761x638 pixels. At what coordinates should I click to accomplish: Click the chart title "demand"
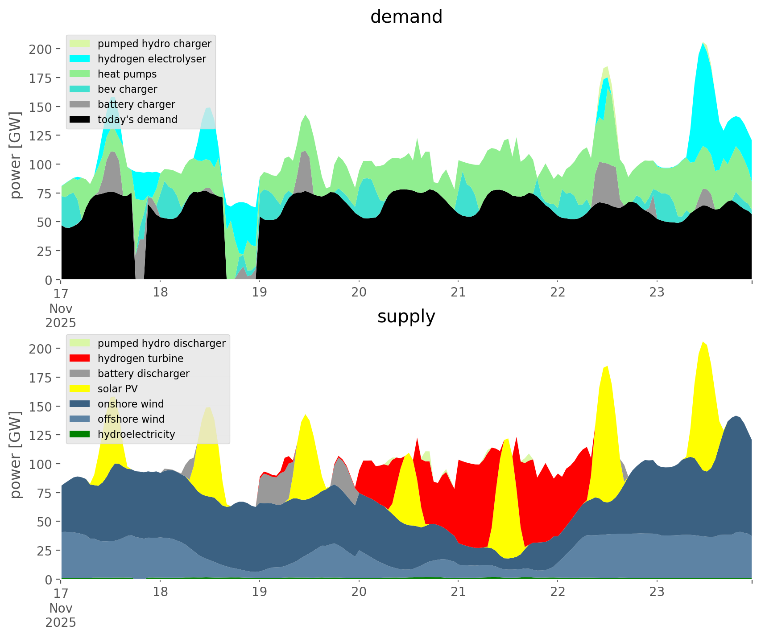pyautogui.click(x=406, y=17)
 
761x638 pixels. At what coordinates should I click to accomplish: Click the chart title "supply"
pyautogui.click(x=406, y=317)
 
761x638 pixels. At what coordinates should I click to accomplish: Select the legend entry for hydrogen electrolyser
pyautogui.click(x=151, y=59)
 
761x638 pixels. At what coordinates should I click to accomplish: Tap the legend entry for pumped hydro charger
pyautogui.click(x=154, y=44)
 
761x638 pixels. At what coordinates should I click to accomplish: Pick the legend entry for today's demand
pyautogui.click(x=137, y=119)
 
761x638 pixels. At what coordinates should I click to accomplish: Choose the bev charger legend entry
pyautogui.click(x=127, y=89)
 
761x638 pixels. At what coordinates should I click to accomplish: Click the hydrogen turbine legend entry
pyautogui.click(x=140, y=358)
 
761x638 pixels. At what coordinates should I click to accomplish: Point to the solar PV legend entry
pyautogui.click(x=117, y=389)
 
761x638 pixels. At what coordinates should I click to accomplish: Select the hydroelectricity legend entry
pyautogui.click(x=136, y=434)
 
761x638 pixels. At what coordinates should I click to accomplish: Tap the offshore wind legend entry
pyautogui.click(x=131, y=419)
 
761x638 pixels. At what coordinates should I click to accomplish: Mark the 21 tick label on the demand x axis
pyautogui.click(x=458, y=292)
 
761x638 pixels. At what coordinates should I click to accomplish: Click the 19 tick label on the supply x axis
pyautogui.click(x=259, y=592)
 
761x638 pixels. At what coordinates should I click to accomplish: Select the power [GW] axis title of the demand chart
pyautogui.click(x=16, y=155)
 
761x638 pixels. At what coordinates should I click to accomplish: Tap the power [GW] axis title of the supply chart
pyautogui.click(x=16, y=455)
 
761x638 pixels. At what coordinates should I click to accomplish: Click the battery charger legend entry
pyautogui.click(x=136, y=104)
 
